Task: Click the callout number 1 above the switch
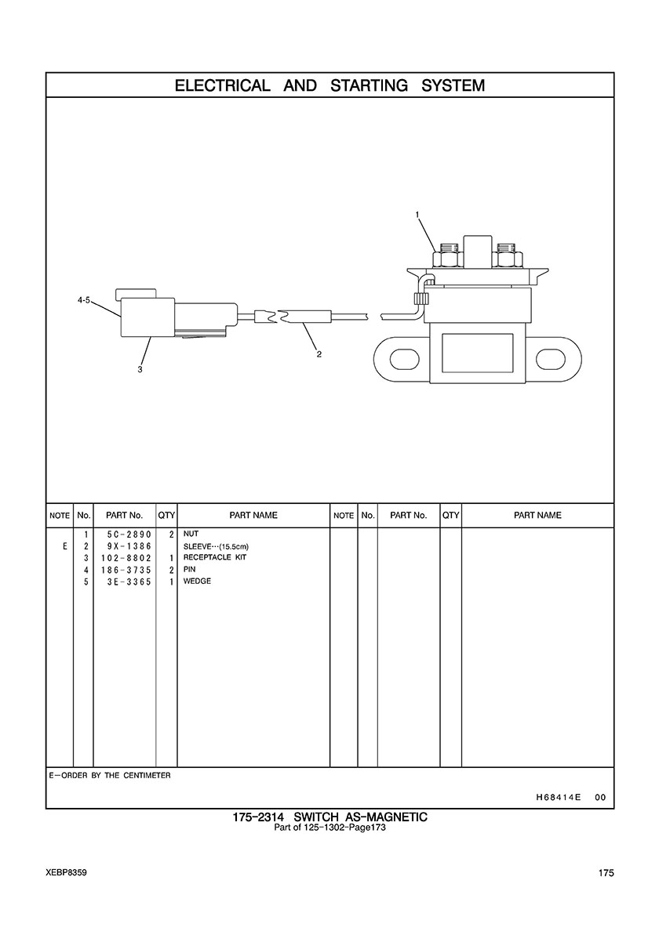(417, 214)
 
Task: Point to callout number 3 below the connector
(140, 369)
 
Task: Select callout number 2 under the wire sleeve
(319, 353)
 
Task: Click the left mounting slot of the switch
(404, 359)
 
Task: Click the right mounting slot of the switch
(552, 359)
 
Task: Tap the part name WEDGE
(197, 581)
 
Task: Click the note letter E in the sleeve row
(64, 546)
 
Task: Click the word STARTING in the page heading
(369, 85)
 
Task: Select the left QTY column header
(166, 516)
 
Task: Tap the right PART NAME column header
(537, 516)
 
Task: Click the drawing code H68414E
(558, 797)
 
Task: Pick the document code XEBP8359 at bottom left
(66, 873)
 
